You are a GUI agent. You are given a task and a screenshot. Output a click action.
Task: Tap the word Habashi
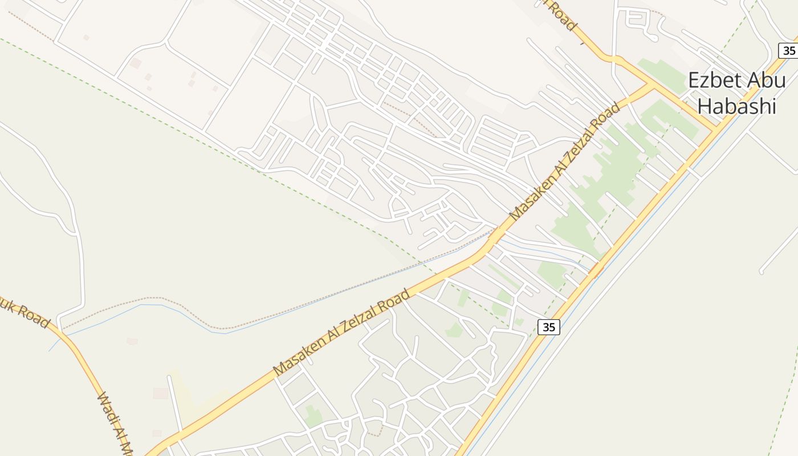coord(737,106)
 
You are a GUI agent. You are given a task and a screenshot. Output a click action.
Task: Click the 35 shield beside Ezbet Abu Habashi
coord(788,51)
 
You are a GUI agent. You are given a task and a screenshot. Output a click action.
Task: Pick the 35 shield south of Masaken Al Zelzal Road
coord(548,327)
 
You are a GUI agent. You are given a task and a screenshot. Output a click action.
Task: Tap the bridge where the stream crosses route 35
coord(596,270)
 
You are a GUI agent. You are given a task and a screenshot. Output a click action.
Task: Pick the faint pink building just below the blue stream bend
coord(132,341)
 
